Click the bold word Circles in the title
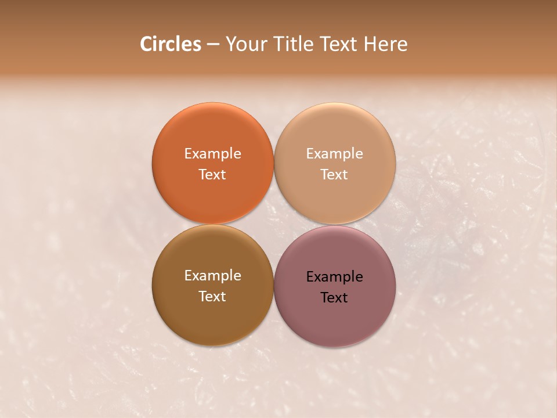click(x=171, y=44)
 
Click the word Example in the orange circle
click(x=212, y=154)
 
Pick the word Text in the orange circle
click(x=212, y=175)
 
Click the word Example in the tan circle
click(x=335, y=154)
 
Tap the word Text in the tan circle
click(x=335, y=175)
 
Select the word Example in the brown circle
click(x=212, y=276)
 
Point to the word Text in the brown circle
click(x=212, y=297)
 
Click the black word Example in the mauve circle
click(x=335, y=277)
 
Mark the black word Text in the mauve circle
click(x=335, y=298)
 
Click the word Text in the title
click(x=339, y=44)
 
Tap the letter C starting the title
click(x=146, y=44)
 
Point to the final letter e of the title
click(x=403, y=45)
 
